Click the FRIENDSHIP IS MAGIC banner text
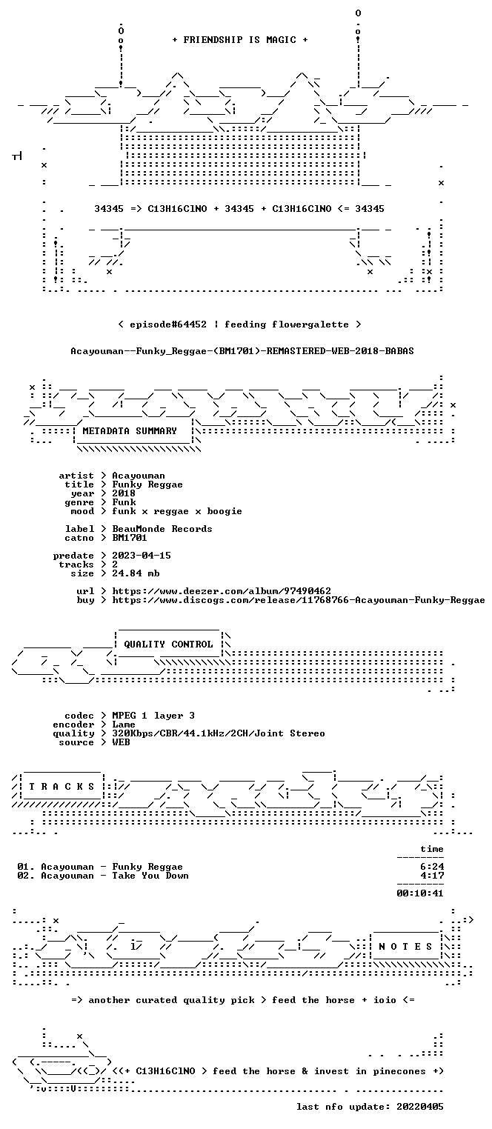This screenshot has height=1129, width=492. click(x=240, y=40)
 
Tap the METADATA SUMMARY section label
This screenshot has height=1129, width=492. click(x=130, y=431)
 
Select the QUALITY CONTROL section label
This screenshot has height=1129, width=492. click(x=168, y=644)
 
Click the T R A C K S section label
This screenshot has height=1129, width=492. click(x=62, y=787)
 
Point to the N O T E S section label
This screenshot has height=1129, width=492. click(x=405, y=947)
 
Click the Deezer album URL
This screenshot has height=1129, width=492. click(x=222, y=590)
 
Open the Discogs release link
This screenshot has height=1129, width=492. click(x=299, y=600)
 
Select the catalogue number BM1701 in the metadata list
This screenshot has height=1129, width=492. click(x=130, y=538)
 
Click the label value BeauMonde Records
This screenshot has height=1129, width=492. click(x=162, y=529)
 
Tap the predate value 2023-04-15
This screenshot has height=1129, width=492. click(x=141, y=556)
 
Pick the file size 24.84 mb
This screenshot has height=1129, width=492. click(x=136, y=573)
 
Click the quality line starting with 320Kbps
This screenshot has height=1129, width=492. click(x=219, y=733)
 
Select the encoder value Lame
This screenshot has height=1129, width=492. click(x=124, y=725)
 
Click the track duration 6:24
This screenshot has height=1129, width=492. click(x=432, y=867)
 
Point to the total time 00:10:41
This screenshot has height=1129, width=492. click(x=420, y=893)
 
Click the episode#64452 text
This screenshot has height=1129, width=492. click(x=168, y=324)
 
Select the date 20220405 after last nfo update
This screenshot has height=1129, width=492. click(x=420, y=1107)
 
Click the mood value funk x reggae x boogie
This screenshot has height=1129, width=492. click(x=177, y=511)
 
